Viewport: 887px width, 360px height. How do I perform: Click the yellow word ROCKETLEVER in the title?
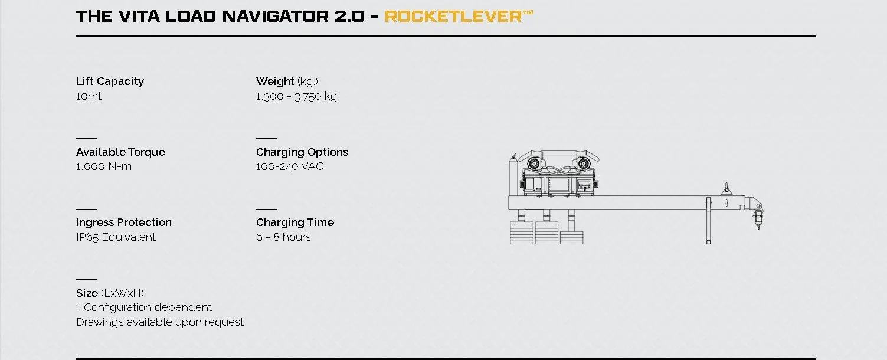tap(453, 16)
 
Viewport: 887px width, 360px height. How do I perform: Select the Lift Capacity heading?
tap(110, 81)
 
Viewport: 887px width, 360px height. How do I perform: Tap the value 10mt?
tap(89, 96)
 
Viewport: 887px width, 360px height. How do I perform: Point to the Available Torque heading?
tap(121, 152)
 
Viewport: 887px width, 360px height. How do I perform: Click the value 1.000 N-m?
tap(104, 166)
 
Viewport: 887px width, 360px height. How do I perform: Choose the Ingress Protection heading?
tap(124, 222)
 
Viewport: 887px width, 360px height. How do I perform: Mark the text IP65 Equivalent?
tap(116, 237)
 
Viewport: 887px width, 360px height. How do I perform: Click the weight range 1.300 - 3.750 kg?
tap(296, 96)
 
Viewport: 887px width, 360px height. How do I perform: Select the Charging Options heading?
tap(302, 152)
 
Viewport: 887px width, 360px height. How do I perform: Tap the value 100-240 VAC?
tap(290, 166)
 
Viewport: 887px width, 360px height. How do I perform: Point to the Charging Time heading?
tap(295, 222)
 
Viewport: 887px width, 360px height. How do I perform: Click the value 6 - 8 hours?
tap(283, 237)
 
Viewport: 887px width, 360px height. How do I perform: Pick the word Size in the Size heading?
tap(87, 293)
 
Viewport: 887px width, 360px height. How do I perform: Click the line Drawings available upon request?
tap(160, 322)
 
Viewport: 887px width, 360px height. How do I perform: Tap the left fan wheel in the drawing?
tap(534, 163)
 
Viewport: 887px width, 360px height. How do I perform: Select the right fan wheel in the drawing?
tap(584, 163)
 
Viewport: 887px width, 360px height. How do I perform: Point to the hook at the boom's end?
tap(758, 220)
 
